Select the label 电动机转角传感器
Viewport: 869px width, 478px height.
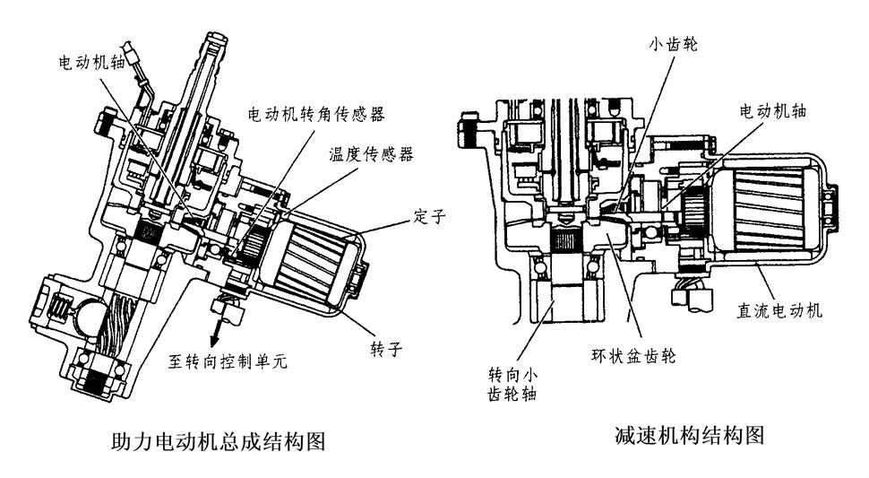point(317,114)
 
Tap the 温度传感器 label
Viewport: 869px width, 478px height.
point(370,154)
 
